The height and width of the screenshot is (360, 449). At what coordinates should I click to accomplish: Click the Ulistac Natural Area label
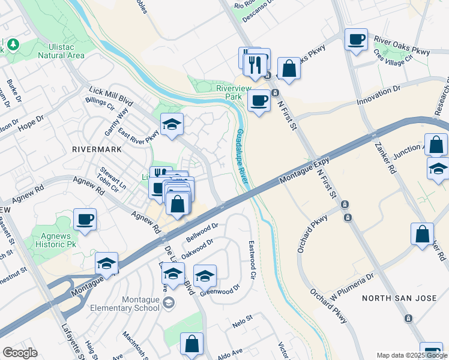point(59,50)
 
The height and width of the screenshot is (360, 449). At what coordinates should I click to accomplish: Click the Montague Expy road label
point(305,170)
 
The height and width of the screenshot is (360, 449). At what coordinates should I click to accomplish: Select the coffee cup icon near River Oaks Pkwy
point(357,40)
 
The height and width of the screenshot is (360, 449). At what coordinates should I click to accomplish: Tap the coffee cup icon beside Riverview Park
point(259,100)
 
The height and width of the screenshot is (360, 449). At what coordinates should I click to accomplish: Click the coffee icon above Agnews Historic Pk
point(85,219)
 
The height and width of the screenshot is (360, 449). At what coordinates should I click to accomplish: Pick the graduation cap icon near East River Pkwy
point(172,124)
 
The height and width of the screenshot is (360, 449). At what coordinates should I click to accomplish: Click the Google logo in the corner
point(20,353)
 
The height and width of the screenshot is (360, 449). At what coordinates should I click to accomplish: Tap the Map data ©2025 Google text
point(411,355)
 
